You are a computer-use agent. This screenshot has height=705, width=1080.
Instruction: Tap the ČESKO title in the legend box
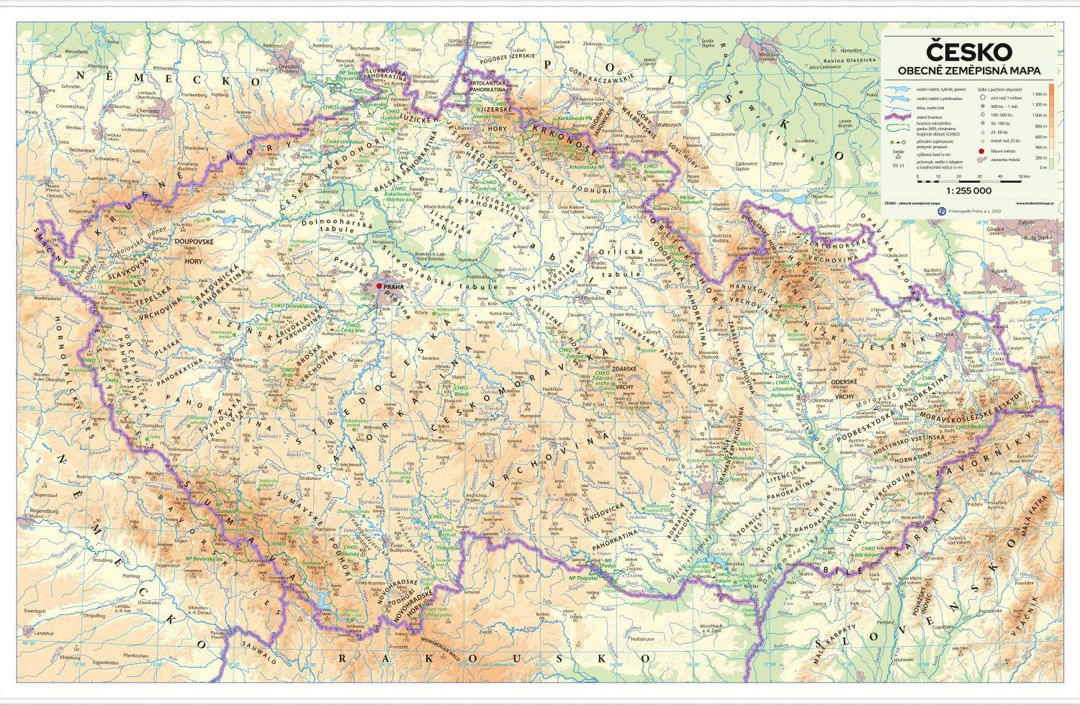point(968,52)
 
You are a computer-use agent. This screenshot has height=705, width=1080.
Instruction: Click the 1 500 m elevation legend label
point(1038,94)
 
